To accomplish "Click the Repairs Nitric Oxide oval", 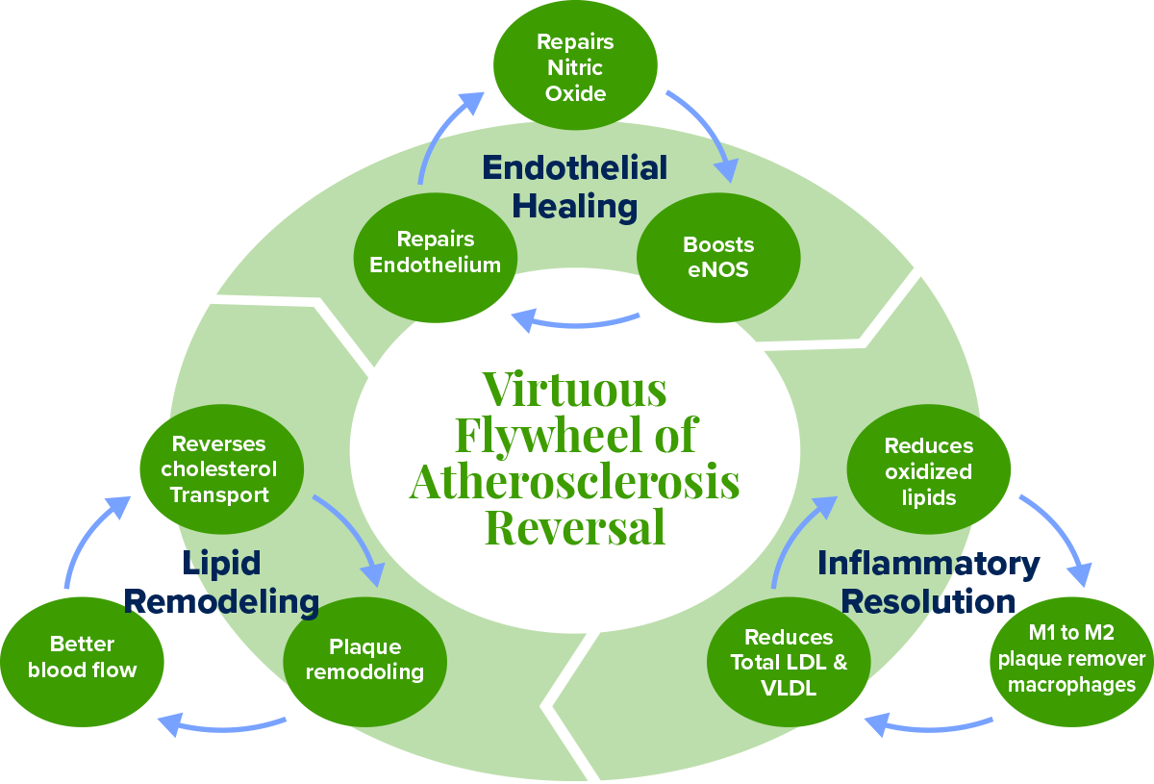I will click(x=575, y=67).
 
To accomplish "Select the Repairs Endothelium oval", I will click(x=436, y=253).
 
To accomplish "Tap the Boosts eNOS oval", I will click(x=718, y=258).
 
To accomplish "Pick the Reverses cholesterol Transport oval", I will click(x=221, y=469).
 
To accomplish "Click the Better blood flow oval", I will click(x=83, y=658).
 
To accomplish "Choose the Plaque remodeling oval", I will click(x=364, y=660).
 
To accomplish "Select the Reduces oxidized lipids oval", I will click(x=928, y=471).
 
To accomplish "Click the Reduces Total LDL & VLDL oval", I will click(x=789, y=663).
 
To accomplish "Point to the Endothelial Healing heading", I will click(x=575, y=187).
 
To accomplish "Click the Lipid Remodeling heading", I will click(x=221, y=583).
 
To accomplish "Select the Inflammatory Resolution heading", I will click(x=928, y=582).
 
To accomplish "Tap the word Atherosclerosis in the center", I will click(x=574, y=481).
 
